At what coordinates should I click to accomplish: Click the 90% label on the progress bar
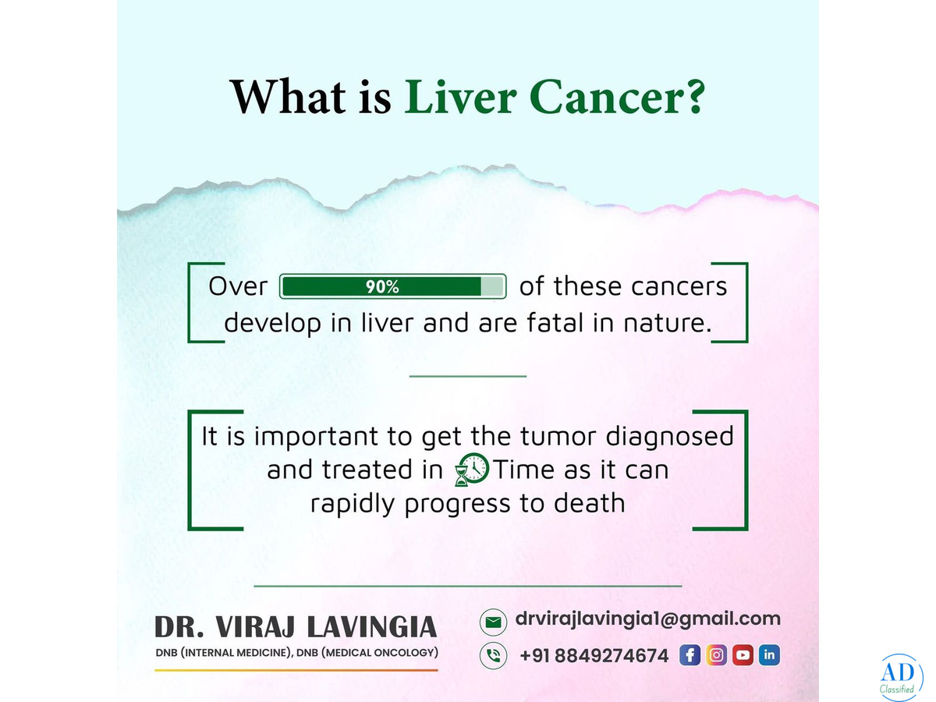coord(382,287)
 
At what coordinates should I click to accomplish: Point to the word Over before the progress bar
coord(238,286)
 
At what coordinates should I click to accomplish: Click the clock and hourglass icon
coord(472,470)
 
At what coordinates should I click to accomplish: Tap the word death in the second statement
coord(590,503)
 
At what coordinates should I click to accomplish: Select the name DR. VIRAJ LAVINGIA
coord(296,626)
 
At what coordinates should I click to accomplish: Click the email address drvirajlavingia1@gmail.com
coord(647,619)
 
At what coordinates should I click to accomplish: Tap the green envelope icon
coord(494,622)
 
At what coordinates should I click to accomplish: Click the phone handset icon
coord(494,655)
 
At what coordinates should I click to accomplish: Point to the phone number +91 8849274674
coord(594,656)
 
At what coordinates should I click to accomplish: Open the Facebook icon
coord(690,654)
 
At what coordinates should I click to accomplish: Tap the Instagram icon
coord(716,654)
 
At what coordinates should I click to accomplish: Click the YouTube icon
coord(743,654)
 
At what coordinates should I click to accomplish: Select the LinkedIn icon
coord(769,654)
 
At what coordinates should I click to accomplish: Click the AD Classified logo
coord(901,678)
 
